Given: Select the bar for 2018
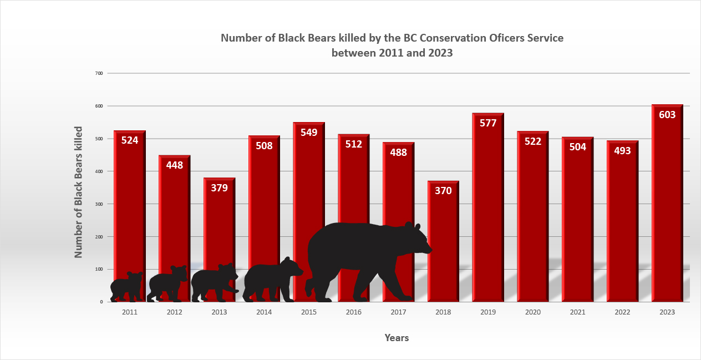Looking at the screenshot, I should tap(443, 244).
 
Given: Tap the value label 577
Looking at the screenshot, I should tap(488, 123).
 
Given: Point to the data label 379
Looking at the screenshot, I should tap(219, 187).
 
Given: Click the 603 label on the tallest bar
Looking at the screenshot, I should tap(667, 115).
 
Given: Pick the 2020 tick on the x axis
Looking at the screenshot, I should tap(533, 312).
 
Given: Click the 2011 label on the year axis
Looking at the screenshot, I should tap(130, 312).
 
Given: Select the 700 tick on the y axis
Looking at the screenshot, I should tap(99, 73).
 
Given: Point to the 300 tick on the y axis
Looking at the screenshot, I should tap(99, 204).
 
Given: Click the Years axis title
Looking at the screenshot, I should tap(397, 338).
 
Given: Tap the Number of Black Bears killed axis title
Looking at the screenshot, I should tap(79, 191).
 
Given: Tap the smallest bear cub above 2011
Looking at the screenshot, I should tap(126, 286).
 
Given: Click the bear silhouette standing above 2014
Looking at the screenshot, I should tap(272, 280).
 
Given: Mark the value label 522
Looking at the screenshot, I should tap(533, 141).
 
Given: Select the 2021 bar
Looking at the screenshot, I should tap(577, 222).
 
